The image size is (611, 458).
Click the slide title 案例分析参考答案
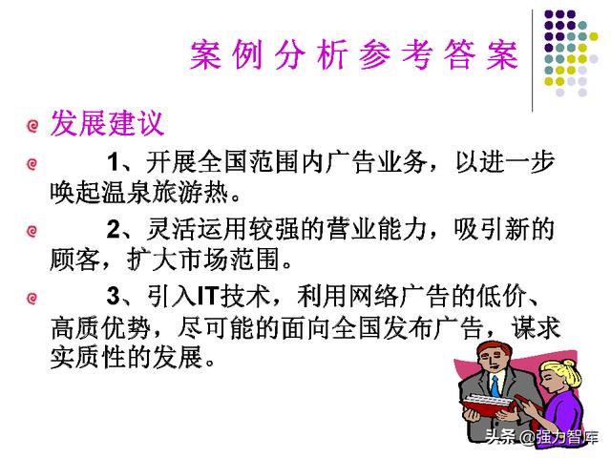click(x=354, y=55)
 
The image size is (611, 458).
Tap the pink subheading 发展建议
click(x=107, y=123)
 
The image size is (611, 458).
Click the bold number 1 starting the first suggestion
click(x=114, y=161)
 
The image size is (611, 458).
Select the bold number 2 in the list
click(x=114, y=229)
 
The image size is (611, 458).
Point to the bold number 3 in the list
click(x=114, y=295)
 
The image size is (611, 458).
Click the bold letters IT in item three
click(x=207, y=296)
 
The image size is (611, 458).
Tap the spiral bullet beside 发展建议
click(x=32, y=126)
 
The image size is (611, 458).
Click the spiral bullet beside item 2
click(x=32, y=231)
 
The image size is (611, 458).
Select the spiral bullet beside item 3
click(x=32, y=299)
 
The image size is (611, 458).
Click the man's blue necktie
click(x=495, y=385)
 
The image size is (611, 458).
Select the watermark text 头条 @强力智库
click(x=541, y=437)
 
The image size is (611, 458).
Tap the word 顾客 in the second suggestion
click(x=74, y=260)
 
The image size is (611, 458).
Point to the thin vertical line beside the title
click(x=533, y=60)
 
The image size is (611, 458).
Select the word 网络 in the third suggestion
click(x=373, y=296)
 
